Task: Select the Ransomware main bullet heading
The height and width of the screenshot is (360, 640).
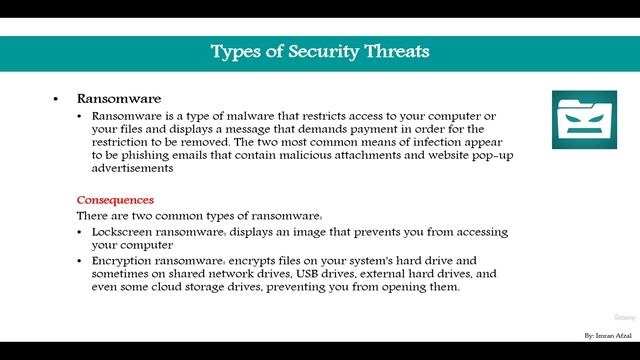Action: point(119,100)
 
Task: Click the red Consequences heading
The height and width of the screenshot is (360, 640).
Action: point(115,200)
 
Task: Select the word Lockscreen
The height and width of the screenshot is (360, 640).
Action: point(124,231)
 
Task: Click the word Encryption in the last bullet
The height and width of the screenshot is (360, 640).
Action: point(125,260)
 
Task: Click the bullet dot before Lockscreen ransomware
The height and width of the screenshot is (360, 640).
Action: point(81,232)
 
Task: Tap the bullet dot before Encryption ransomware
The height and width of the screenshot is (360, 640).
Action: point(81,260)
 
